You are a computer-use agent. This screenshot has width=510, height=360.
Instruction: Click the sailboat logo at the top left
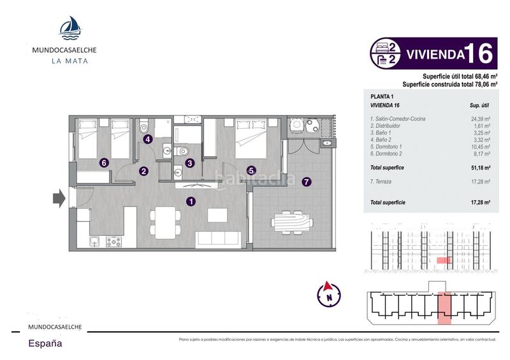(x=69, y=27)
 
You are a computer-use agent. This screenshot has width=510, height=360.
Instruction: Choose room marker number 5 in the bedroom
(x=251, y=170)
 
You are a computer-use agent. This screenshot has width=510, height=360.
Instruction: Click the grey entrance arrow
(x=58, y=198)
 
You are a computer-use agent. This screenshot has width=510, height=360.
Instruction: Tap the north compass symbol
(x=329, y=293)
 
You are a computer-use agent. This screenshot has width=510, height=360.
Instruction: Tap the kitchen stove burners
(x=113, y=241)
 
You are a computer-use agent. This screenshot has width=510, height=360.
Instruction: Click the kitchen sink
(x=95, y=241)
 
